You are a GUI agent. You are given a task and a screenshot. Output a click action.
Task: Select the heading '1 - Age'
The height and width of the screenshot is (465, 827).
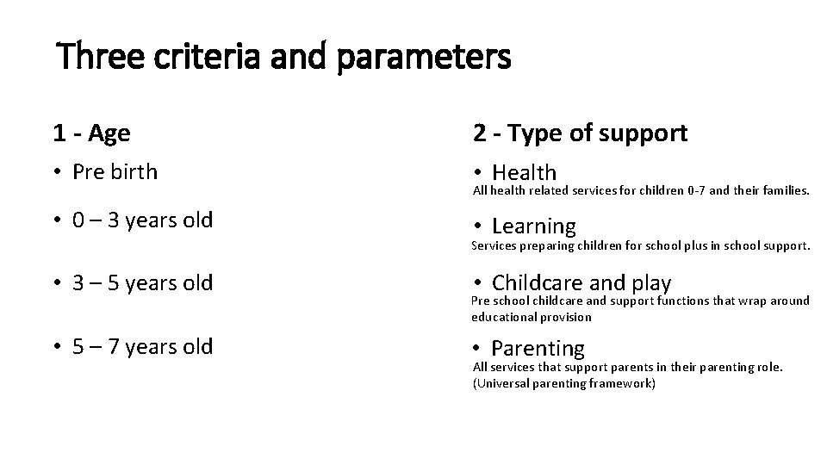(91, 133)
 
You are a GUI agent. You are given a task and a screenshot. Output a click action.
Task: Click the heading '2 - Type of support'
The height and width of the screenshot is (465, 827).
(579, 133)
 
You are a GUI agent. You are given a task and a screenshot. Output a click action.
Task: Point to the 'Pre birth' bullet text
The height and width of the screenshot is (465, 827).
(115, 171)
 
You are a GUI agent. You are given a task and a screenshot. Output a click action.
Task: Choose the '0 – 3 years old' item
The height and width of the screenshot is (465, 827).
(142, 220)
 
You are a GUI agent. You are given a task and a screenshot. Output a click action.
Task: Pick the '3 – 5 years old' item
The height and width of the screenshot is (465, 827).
(142, 282)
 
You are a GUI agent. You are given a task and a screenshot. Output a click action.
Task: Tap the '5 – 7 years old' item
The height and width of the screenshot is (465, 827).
(142, 347)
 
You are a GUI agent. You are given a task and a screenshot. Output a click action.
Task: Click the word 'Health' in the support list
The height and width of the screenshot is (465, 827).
(524, 173)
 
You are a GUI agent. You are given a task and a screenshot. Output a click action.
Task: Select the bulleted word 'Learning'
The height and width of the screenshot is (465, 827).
(533, 226)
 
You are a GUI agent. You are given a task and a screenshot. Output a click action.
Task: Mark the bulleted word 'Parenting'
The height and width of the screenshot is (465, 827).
(538, 348)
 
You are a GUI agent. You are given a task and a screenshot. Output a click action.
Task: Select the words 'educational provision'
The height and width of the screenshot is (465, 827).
(532, 317)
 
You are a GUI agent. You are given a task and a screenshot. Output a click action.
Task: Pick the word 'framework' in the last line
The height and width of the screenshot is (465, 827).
(621, 383)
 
